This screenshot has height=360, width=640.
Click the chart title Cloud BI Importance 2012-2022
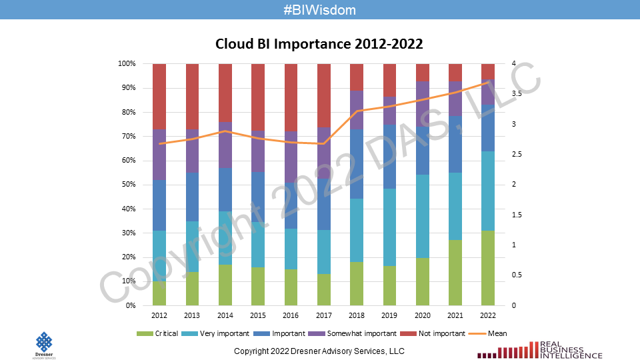(x=319, y=44)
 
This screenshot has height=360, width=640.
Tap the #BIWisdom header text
(x=319, y=10)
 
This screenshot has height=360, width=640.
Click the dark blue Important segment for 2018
(x=357, y=163)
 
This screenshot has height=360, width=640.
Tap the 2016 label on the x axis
(x=290, y=315)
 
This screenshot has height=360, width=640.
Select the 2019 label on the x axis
(x=389, y=315)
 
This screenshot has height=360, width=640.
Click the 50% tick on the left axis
(x=127, y=185)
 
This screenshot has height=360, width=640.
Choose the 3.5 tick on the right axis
(x=516, y=94)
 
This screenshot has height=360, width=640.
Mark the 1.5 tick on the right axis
(x=516, y=215)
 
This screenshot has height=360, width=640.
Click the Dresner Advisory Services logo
(x=44, y=345)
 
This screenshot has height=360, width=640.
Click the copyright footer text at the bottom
(x=319, y=351)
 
